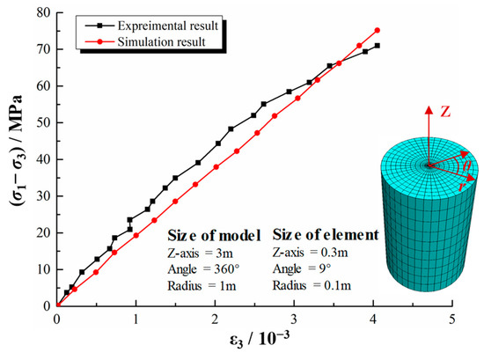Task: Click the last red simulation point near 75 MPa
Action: [x=378, y=31]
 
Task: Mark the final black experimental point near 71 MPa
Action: [x=378, y=46]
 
